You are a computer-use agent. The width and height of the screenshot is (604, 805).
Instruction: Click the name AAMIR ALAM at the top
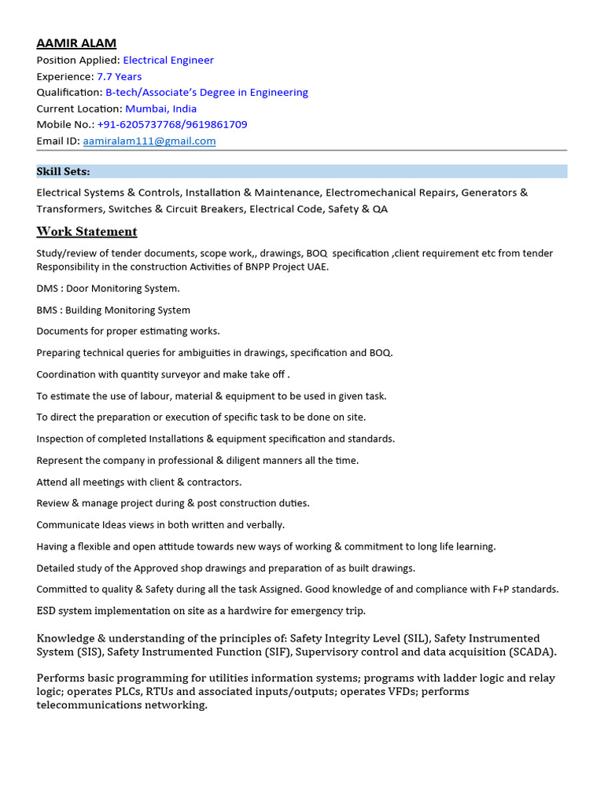(x=76, y=43)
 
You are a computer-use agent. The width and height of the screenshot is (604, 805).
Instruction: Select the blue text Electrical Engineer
(x=168, y=60)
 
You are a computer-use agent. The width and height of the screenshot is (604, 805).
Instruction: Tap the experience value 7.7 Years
(x=119, y=76)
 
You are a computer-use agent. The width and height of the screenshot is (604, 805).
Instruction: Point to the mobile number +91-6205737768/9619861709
(x=172, y=124)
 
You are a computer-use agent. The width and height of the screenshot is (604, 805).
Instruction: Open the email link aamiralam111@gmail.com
(x=149, y=141)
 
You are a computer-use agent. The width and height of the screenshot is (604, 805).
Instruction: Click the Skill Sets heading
(x=63, y=171)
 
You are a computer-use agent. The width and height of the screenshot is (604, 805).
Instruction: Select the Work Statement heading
(x=87, y=231)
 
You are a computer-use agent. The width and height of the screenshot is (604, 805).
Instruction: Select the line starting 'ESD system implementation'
(x=201, y=610)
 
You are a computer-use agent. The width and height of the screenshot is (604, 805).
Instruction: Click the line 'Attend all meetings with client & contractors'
(x=139, y=482)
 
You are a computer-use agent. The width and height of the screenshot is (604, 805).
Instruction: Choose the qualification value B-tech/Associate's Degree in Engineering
(x=207, y=92)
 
